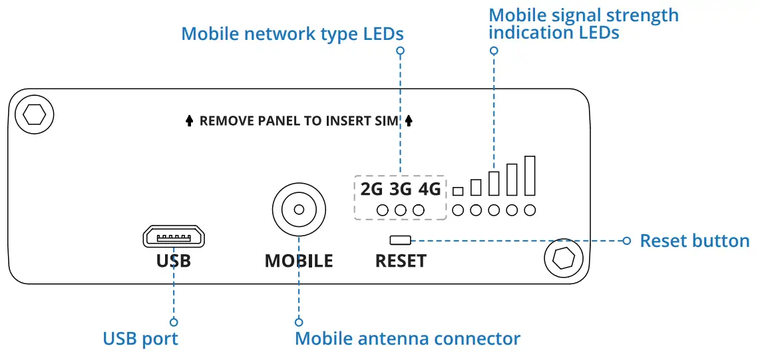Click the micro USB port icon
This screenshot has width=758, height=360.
[x=173, y=236]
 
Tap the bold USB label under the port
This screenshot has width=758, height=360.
[x=174, y=261]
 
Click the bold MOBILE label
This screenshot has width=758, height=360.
[x=299, y=261]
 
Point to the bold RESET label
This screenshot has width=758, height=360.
[x=401, y=261]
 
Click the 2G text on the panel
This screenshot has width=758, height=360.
[x=371, y=190]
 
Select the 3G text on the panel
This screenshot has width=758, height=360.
[x=401, y=190]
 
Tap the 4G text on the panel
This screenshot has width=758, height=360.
[x=429, y=190]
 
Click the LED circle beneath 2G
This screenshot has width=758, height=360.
[x=383, y=210]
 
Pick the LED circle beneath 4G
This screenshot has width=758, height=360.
[x=419, y=210]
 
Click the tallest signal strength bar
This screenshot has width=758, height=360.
[x=530, y=175]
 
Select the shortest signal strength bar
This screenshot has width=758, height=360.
[x=458, y=191]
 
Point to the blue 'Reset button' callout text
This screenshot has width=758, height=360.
[x=694, y=240]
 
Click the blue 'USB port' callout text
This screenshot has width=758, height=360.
[x=140, y=339]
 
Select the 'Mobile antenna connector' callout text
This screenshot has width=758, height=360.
[x=407, y=339]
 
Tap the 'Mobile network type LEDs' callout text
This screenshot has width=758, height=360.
[x=292, y=33]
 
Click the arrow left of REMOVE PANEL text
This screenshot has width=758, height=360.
[x=189, y=121]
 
